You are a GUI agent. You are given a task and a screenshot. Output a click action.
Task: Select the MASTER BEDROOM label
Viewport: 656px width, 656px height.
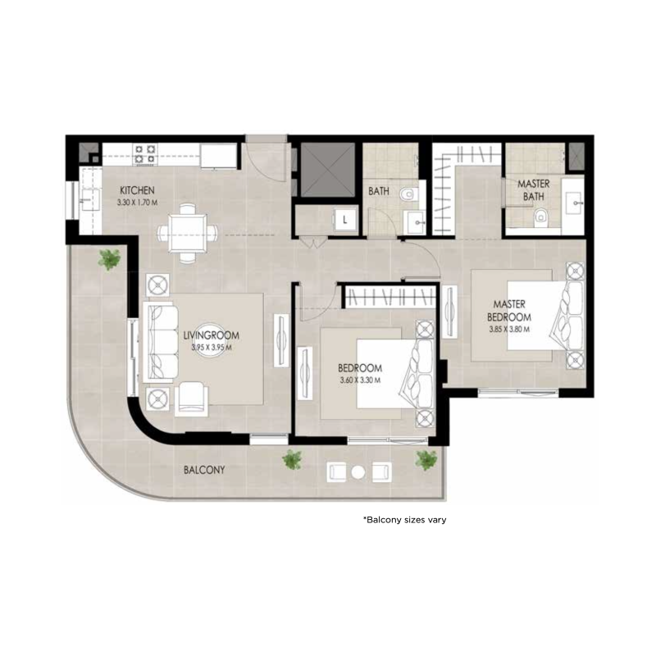pyautogui.click(x=509, y=309)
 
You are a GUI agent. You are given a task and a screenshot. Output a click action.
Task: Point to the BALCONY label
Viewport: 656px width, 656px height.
pyautogui.click(x=204, y=471)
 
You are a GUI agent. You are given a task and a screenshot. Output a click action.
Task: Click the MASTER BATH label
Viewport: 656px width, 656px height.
pyautogui.click(x=533, y=190)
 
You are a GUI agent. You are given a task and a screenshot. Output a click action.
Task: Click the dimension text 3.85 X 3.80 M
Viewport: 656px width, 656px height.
pyautogui.click(x=509, y=329)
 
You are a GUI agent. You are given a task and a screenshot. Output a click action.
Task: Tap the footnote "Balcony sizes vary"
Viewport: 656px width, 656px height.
pyautogui.click(x=404, y=520)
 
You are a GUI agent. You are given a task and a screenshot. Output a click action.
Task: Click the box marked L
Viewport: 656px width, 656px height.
pyautogui.click(x=345, y=219)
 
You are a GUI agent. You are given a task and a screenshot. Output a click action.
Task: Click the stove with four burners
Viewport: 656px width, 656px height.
pyautogui.click(x=145, y=153)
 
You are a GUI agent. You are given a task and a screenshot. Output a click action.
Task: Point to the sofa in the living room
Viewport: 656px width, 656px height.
pyautogui.click(x=159, y=343)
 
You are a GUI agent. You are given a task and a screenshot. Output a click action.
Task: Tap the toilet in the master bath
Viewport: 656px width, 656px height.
pyautogui.click(x=540, y=217)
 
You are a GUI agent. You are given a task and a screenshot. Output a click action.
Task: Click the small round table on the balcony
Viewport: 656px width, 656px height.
pyautogui.click(x=358, y=471)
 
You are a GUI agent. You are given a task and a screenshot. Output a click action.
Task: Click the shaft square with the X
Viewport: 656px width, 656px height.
pyautogui.click(x=327, y=171)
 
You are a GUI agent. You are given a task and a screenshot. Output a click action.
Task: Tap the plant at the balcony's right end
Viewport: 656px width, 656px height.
pyautogui.click(x=426, y=460)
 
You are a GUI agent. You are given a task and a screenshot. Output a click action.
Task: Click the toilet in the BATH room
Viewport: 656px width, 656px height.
pyautogui.click(x=409, y=195)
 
